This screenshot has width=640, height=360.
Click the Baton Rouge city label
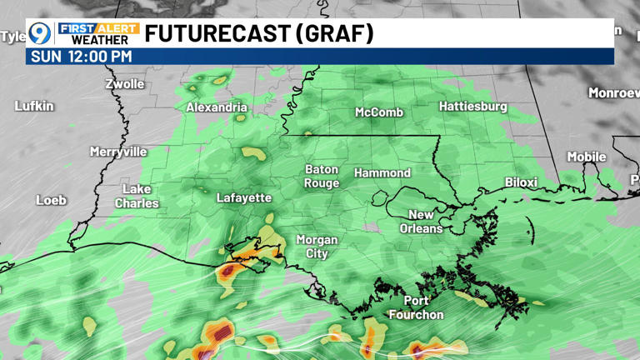coord(321,176)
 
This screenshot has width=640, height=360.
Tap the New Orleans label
coord(421,222)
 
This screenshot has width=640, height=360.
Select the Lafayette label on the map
coord(244,197)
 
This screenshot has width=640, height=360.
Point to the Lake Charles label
coord(137,197)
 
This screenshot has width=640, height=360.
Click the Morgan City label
coord(317,246)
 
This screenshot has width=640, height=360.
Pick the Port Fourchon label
coord(416,307)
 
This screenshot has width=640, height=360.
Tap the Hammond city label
coord(382,172)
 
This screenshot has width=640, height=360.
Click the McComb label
coord(379,112)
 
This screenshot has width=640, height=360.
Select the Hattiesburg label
coord(472,106)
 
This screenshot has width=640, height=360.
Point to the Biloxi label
coord(521,182)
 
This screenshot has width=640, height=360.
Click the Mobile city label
coord(587,157)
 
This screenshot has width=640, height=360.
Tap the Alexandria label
coord(217,107)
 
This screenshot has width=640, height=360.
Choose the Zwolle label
coord(125,83)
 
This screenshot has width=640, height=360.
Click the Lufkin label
coord(34,106)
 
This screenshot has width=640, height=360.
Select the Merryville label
coord(118,152)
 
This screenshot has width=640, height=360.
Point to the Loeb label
coord(51,200)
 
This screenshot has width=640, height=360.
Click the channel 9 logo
coord(40,33)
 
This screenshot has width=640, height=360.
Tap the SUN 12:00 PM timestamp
coord(81,57)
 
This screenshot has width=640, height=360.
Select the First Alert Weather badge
coord(99,33)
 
